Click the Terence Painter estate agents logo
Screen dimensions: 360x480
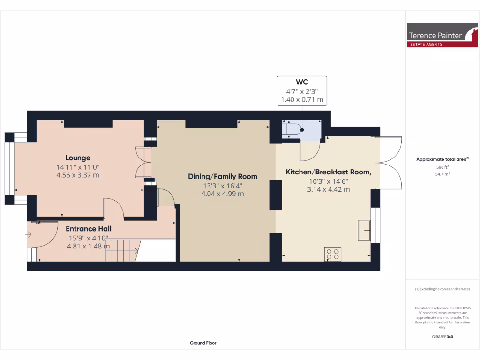442,36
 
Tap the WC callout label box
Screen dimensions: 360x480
302,90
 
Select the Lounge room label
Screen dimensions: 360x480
78,158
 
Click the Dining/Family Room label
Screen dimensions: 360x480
223,177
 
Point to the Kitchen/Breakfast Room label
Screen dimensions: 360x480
328,172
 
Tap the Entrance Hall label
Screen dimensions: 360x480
88,229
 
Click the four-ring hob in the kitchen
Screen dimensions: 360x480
332,254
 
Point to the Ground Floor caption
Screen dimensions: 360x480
203,343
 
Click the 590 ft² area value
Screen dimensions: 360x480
442,167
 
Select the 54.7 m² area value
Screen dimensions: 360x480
442,174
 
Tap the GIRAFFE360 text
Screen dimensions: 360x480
442,337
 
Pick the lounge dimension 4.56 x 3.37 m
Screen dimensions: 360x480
78,175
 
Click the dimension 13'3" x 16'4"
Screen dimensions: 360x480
223,186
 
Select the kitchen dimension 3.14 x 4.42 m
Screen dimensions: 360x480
328,189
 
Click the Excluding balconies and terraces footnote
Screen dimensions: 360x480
442,289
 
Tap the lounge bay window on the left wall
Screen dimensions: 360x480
9,169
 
